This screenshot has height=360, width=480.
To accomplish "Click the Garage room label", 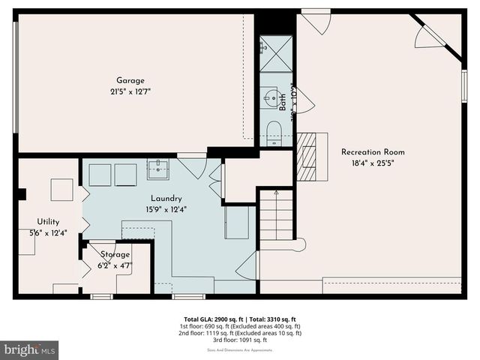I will [130, 81].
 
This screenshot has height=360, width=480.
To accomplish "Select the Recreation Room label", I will [372, 151].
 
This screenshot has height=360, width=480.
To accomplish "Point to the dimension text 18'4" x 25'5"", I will [372, 163].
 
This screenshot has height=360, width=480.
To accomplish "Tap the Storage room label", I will [115, 255].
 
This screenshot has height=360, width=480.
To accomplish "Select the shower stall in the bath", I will [275, 53].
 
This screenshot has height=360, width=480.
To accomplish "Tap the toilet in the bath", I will [274, 131].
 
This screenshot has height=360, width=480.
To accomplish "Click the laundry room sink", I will [157, 170].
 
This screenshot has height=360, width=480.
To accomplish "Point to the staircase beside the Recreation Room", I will [276, 215].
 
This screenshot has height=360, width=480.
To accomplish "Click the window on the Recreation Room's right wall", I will [464, 85].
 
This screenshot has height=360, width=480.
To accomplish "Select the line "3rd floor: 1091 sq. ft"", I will [239, 340].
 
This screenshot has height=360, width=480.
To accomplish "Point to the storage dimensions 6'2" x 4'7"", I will [116, 265].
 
